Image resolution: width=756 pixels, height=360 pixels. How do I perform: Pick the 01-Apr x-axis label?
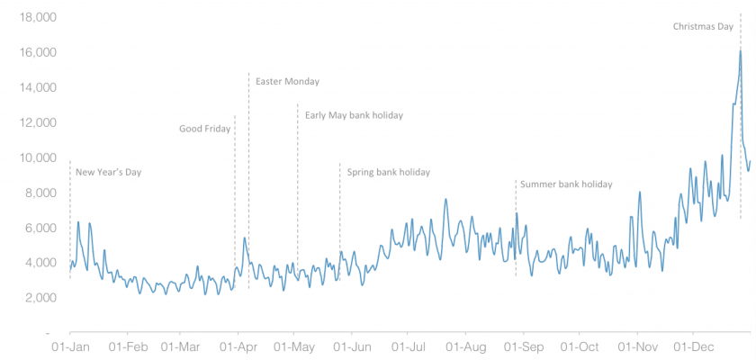click(x=237, y=346)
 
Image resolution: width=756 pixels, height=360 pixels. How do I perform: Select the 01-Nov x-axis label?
click(x=636, y=346)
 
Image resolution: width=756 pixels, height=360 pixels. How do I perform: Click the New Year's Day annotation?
click(x=108, y=172)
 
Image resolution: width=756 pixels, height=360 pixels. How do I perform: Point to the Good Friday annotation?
click(x=204, y=129)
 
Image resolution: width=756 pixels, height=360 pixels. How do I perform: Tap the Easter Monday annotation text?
click(x=287, y=82)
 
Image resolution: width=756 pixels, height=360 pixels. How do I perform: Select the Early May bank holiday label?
click(x=354, y=115)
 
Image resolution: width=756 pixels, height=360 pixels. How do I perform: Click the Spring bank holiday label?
click(x=388, y=172)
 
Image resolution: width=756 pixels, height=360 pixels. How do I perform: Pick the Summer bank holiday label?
click(x=566, y=184)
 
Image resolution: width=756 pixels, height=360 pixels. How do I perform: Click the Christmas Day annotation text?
click(x=703, y=27)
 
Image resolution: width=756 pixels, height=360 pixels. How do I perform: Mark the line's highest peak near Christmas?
click(x=741, y=50)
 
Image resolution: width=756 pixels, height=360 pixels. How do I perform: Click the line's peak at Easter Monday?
click(x=245, y=238)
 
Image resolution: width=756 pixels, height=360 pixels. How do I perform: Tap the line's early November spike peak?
click(x=640, y=192)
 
